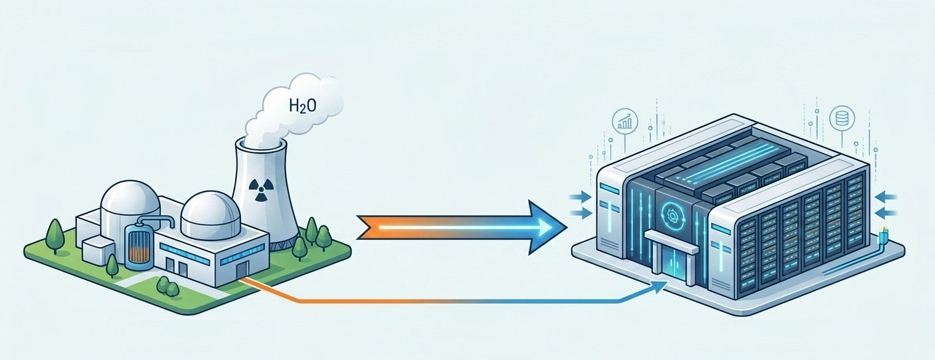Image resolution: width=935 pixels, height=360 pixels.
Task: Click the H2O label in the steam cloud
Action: pos(303,106)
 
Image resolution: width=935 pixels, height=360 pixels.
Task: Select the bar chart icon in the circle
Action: pos(625,121)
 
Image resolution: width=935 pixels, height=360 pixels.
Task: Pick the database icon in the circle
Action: pos(842,118)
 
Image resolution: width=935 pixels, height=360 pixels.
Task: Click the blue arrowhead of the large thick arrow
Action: pos(547,227)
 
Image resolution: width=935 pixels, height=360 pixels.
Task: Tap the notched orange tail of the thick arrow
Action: pos(371,228)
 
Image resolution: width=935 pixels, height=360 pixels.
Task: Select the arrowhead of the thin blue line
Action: pos(659,288)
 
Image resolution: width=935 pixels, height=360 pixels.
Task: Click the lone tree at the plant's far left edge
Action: pos(54,236)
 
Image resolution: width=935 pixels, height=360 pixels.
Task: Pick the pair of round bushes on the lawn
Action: pos(168,285)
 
